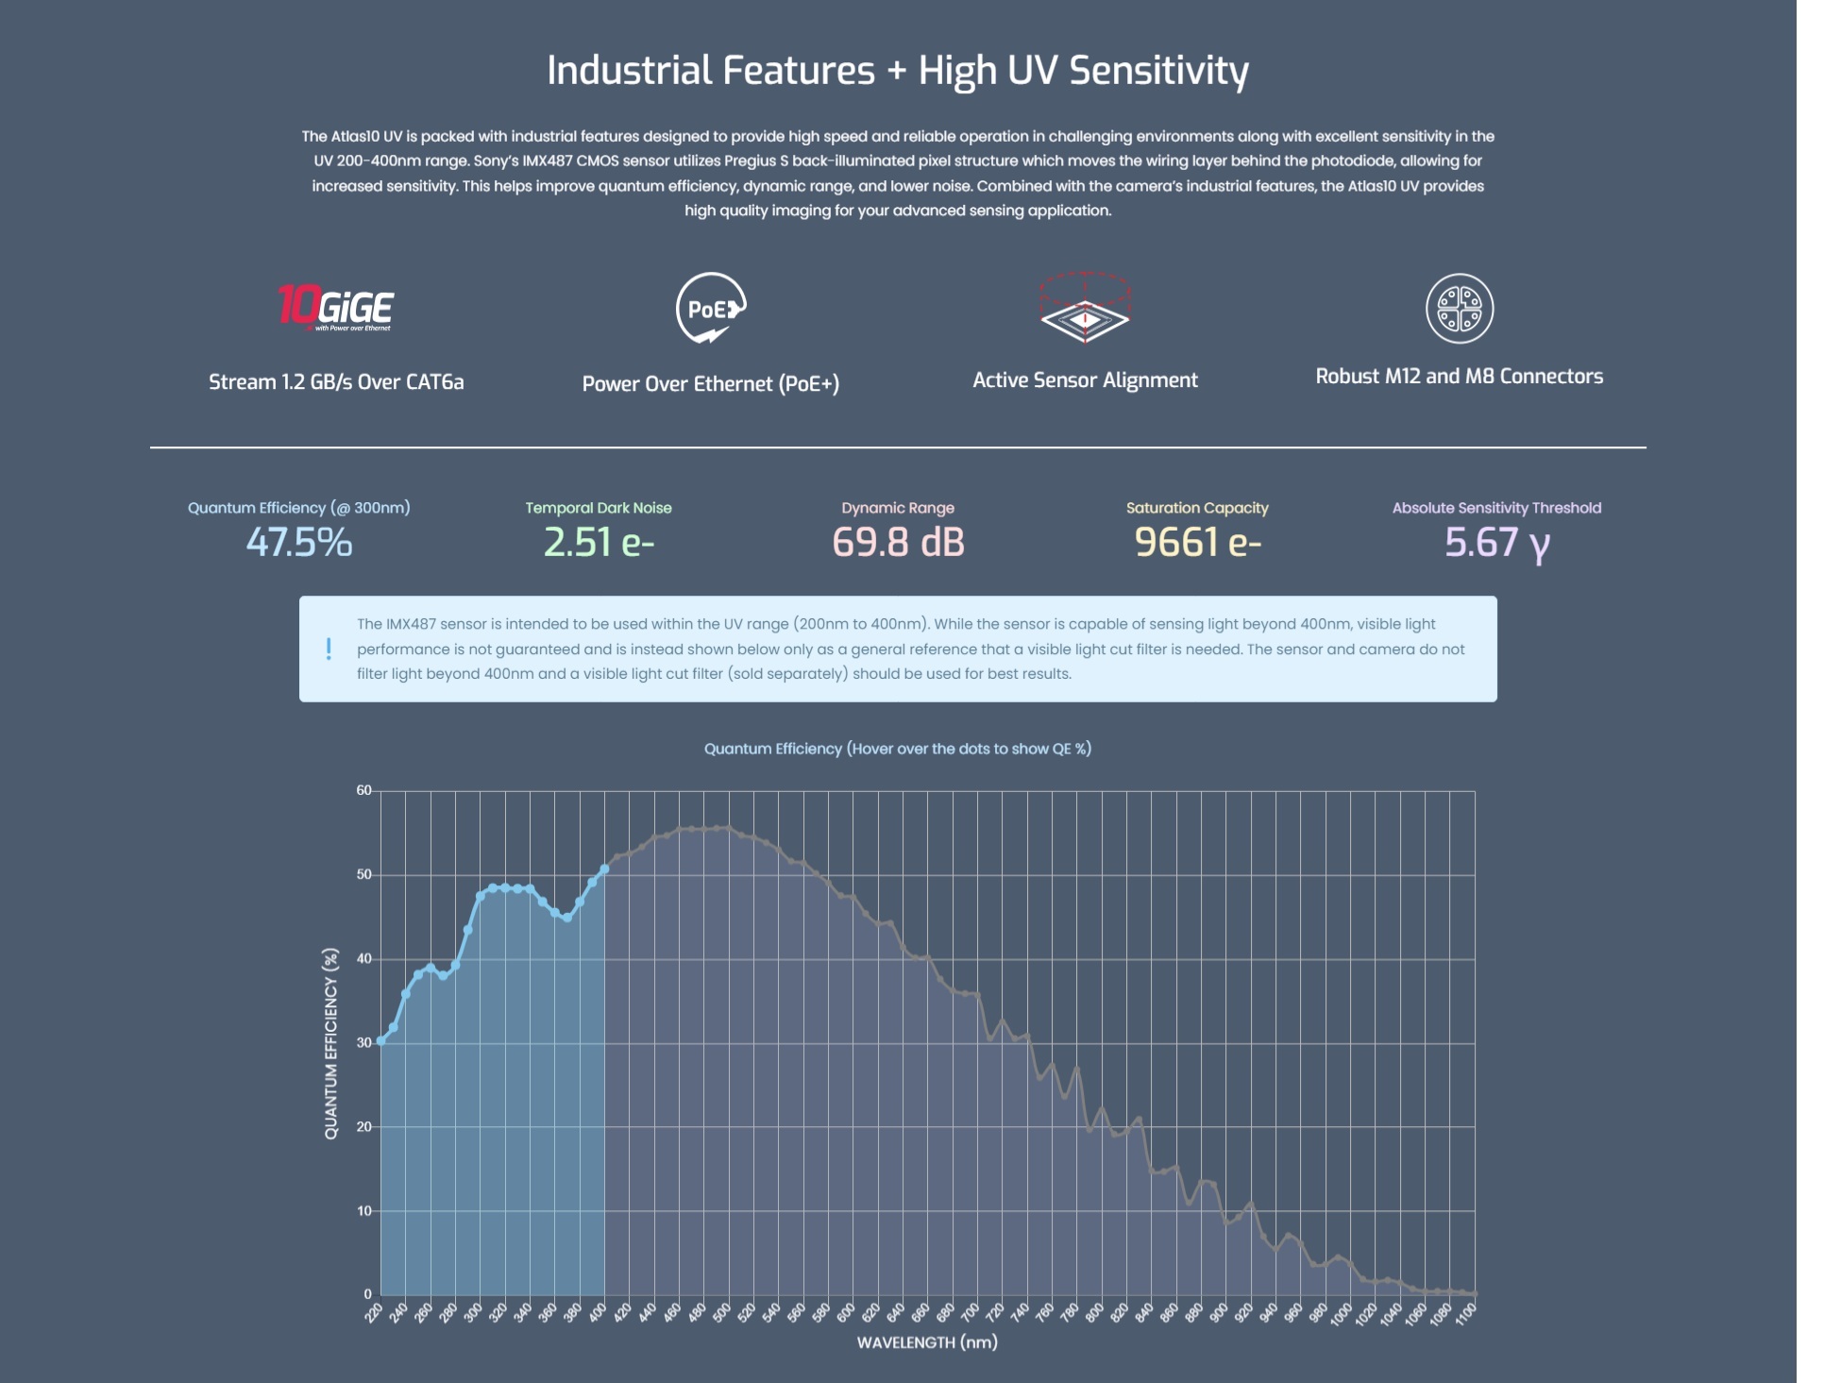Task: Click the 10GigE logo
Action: pos(335,308)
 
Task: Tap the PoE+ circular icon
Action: pos(711,308)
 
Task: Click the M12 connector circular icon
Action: pos(1459,309)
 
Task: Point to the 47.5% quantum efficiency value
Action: pos(298,543)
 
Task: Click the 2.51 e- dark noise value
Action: pos(599,543)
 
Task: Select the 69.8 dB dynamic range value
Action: pos(898,543)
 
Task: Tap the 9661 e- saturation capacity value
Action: pos(1197,543)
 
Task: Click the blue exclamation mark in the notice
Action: pos(329,649)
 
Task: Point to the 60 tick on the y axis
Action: pos(363,790)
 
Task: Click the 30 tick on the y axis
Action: pos(363,1043)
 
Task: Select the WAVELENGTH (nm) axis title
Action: pos(926,1342)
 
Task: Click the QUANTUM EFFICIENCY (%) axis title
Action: pos(330,1043)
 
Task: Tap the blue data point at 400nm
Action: pos(604,869)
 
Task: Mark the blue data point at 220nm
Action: pos(380,1041)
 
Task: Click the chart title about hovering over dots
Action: pos(897,749)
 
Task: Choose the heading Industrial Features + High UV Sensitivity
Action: pos(897,71)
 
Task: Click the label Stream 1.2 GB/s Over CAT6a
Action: pos(336,382)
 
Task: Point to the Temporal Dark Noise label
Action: pos(599,508)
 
